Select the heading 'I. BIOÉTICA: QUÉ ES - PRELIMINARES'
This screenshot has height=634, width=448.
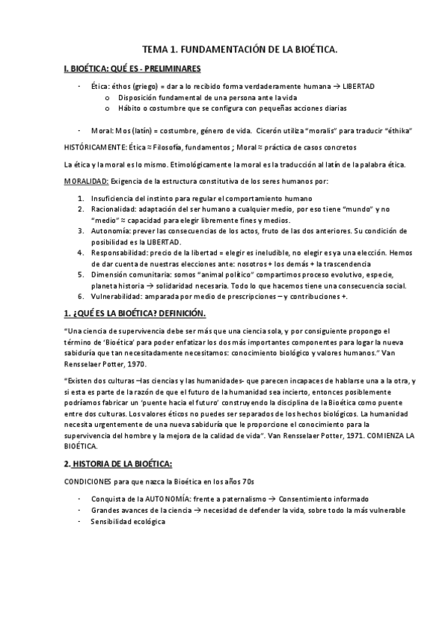point(132,68)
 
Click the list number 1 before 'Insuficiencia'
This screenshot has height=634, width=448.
point(81,199)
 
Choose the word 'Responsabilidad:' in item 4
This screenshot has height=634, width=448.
point(120,253)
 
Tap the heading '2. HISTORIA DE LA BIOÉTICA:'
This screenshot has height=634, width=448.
point(119,464)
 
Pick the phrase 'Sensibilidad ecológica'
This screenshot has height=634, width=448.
point(128,521)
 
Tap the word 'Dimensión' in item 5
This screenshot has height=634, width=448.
point(111,275)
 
